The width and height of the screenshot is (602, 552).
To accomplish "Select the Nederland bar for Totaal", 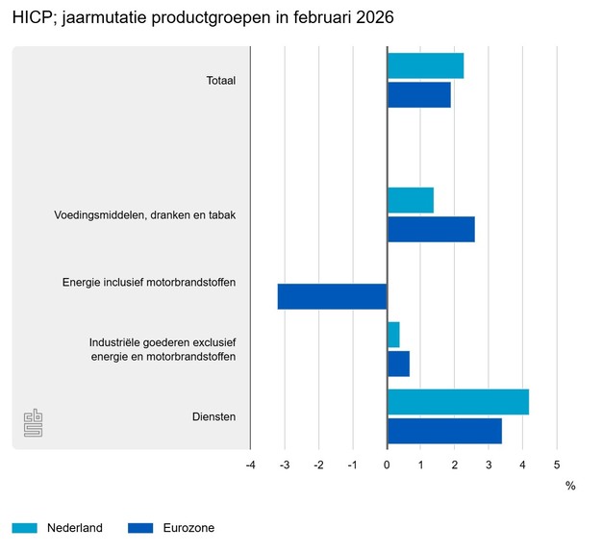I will pos(425,65).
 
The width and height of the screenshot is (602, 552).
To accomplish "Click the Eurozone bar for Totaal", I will pos(418,95).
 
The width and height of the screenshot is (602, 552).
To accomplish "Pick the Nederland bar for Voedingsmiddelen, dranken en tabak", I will pos(410,200).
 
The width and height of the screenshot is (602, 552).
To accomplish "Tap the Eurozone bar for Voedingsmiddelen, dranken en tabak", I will pos(431,229).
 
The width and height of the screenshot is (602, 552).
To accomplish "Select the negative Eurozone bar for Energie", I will pos(332,296).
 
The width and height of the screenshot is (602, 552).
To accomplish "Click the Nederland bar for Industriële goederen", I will pos(393,335).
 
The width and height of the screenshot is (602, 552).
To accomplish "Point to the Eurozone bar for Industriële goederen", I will pos(398,364).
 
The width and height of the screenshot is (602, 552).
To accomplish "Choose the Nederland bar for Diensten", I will pos(458,402).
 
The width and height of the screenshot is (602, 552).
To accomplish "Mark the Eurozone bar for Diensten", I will pos(444,431).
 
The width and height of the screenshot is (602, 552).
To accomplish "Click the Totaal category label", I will pos(221,81).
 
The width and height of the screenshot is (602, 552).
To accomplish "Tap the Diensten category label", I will pos(214,416).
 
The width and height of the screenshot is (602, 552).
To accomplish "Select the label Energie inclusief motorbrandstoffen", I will pos(149,283).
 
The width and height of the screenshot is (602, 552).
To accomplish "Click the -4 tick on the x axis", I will pos(250,465).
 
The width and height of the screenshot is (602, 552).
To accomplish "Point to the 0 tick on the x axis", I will pos(387,465).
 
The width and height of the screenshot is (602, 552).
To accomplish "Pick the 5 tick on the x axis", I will pos(557,465).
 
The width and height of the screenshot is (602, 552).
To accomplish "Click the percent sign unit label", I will pos(570,486).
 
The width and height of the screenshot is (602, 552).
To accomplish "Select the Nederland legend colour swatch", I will pos(25,527).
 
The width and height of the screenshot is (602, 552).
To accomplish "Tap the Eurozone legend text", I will pos(188,527).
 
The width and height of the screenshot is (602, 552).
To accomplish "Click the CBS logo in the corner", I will pos(33,423).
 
